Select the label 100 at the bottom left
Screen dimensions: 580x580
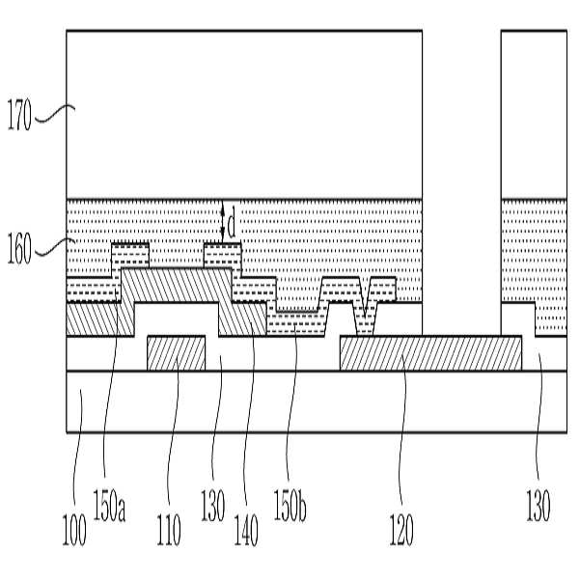[x=74, y=530]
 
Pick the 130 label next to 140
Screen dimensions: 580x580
[x=213, y=505]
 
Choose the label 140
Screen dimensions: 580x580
[x=246, y=528]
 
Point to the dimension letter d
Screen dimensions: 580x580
[x=233, y=224]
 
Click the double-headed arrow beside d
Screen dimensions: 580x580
[x=222, y=222]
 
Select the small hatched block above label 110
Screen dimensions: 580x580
[x=176, y=352]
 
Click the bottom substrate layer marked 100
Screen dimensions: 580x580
[x=290, y=400]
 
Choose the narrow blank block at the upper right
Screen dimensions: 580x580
[x=534, y=114]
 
